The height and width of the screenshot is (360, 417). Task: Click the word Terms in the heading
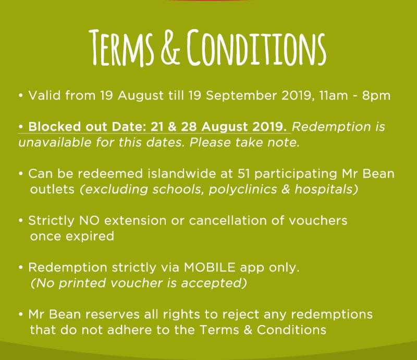click(122, 47)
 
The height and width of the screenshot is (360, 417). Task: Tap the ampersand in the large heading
click(171, 48)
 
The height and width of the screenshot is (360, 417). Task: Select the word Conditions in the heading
click(256, 47)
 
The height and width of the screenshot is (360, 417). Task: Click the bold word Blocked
click(54, 127)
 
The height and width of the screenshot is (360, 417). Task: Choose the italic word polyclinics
click(242, 190)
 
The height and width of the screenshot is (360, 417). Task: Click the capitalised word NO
click(89, 221)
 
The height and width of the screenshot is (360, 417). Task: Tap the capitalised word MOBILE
click(210, 267)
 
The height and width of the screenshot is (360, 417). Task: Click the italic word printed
click(82, 283)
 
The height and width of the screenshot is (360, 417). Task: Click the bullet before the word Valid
click(21, 95)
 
